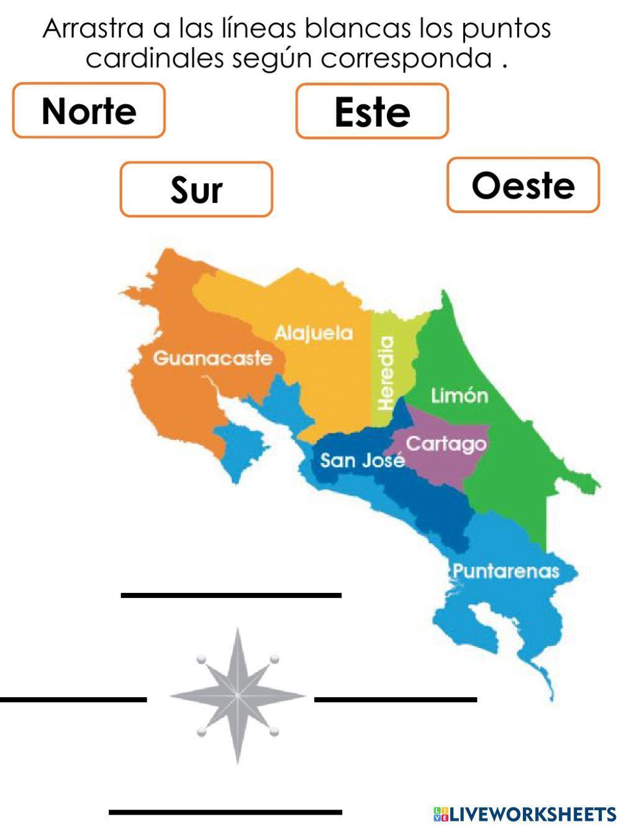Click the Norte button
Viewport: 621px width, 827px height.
click(x=89, y=111)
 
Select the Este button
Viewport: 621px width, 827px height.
click(x=372, y=112)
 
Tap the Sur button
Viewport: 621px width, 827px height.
click(x=196, y=189)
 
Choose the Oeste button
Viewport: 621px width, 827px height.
click(x=523, y=185)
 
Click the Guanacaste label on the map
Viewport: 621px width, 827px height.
click(x=212, y=358)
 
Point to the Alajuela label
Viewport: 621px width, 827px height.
click(x=314, y=333)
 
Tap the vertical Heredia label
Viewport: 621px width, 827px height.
click(x=386, y=373)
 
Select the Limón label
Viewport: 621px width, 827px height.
click(x=460, y=395)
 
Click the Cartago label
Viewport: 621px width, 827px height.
click(x=446, y=443)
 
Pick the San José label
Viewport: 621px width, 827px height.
click(x=362, y=460)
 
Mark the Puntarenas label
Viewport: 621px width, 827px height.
click(x=505, y=571)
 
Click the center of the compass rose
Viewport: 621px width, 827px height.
click(x=238, y=696)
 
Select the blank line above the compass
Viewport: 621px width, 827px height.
click(x=231, y=595)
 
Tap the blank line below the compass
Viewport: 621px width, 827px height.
click(x=225, y=811)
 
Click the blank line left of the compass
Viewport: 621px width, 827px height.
click(x=73, y=700)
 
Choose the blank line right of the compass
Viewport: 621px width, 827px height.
click(x=396, y=700)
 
